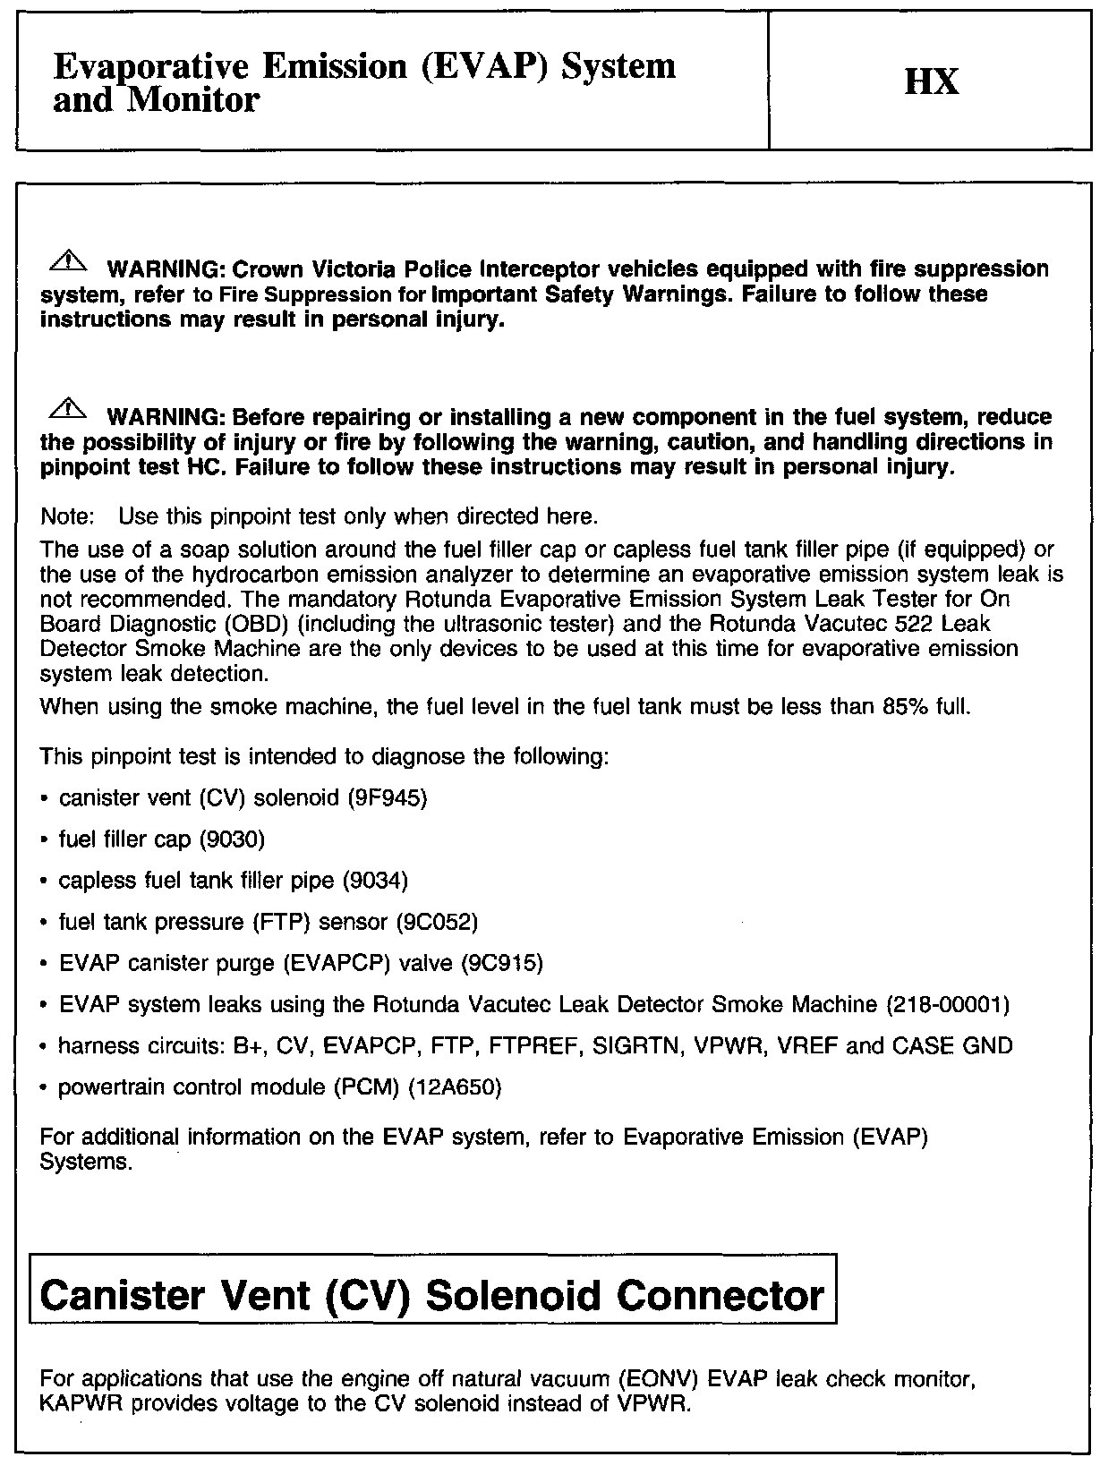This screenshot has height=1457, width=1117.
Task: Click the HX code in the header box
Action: pos(932,81)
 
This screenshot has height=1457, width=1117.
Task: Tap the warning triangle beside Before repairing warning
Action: pos(70,410)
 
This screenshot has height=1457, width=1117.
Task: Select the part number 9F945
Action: pos(388,797)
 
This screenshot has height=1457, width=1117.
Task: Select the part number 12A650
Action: pos(455,1087)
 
